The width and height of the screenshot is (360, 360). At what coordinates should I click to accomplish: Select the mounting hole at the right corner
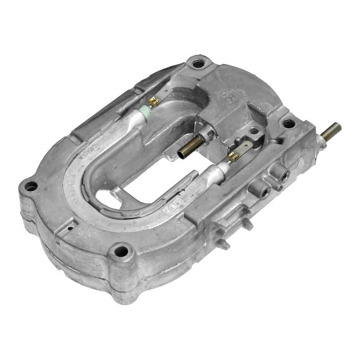click(x=288, y=123)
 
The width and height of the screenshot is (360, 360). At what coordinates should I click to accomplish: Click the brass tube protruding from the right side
click(x=331, y=130)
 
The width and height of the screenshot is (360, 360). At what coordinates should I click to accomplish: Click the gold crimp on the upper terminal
click(x=154, y=102)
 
